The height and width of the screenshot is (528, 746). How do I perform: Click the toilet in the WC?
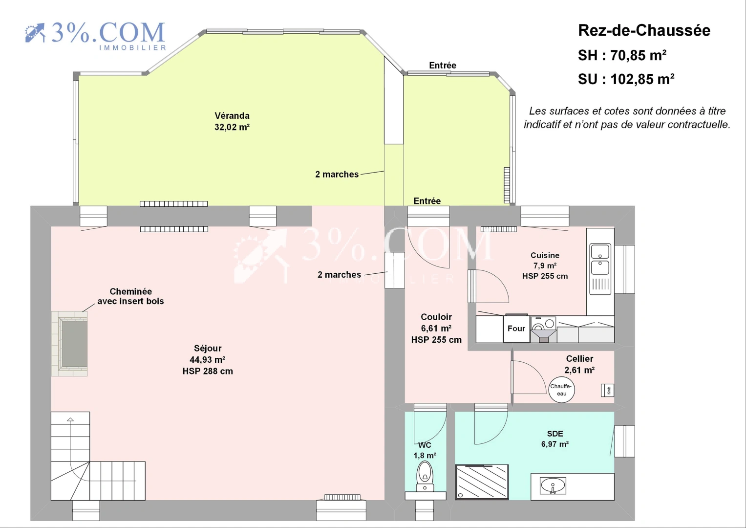(x=425, y=476)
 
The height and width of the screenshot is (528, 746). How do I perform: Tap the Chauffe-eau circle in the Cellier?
(x=561, y=390)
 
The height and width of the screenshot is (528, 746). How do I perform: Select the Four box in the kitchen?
(x=516, y=329)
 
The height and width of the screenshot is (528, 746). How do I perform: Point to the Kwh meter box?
(x=607, y=390)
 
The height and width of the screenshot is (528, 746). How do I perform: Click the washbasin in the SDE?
(x=553, y=486)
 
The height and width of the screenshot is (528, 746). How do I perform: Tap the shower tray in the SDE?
(x=482, y=482)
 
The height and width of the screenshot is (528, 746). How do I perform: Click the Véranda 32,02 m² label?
(x=232, y=121)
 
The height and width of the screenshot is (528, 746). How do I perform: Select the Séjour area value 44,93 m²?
(x=208, y=360)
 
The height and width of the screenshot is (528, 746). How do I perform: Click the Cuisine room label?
(x=545, y=255)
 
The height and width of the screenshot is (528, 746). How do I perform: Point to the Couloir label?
(x=436, y=317)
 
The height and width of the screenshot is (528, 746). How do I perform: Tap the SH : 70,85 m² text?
(x=622, y=55)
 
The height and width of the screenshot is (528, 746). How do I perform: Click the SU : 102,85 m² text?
(x=626, y=79)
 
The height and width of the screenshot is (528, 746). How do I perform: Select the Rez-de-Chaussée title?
(x=644, y=30)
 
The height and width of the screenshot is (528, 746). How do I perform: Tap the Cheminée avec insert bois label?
(x=130, y=296)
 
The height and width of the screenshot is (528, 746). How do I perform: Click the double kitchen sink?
(x=600, y=269)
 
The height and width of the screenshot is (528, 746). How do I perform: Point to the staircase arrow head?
(x=70, y=419)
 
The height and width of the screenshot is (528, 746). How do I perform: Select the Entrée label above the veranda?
(x=443, y=66)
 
